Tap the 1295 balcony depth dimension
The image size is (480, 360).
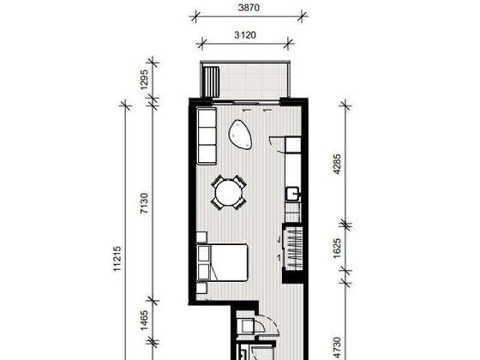coord(144,79)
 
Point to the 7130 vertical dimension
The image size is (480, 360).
coord(144,208)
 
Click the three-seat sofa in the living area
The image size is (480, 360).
coord(206,136)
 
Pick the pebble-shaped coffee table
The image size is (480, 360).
coord(241,134)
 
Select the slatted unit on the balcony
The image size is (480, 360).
coord(212,81)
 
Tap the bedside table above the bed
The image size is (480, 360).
coord(202,239)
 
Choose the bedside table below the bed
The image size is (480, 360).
coord(202,287)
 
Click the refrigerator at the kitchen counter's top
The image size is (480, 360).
coord(292,144)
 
